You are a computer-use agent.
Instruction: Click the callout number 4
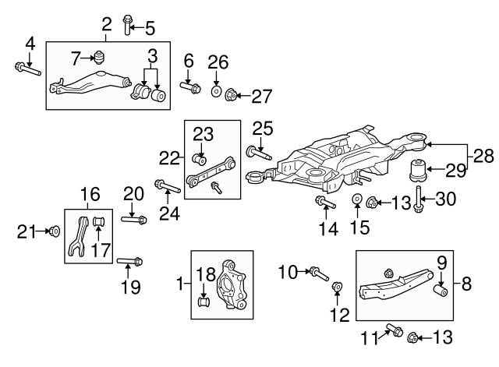tap(30, 42)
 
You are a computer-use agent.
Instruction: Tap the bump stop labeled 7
tap(100, 57)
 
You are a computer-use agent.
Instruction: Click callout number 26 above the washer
tap(218, 62)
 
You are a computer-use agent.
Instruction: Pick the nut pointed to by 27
tap(232, 96)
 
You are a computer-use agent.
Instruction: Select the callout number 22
tap(171, 157)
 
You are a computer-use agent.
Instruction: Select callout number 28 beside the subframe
tap(483, 155)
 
